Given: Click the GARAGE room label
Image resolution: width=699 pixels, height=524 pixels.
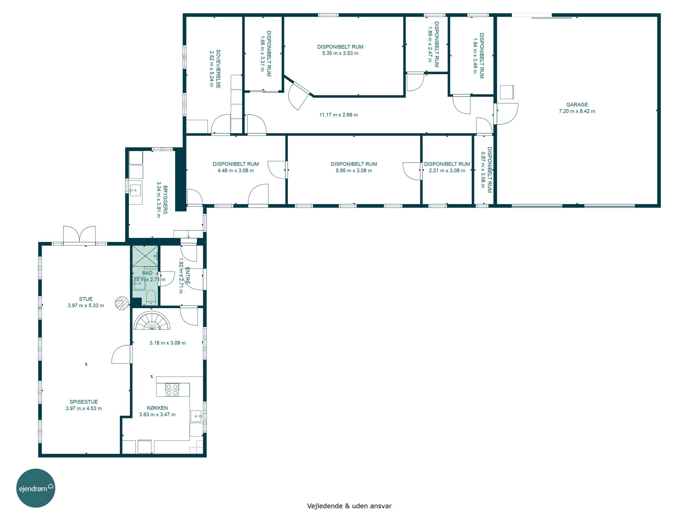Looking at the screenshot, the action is point(577,105).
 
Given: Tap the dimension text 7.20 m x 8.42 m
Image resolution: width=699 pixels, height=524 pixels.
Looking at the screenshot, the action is point(577,111).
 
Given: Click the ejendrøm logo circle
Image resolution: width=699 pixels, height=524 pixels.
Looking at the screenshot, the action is point(36,488).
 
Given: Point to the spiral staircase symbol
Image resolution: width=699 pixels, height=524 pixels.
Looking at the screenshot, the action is point(152,321).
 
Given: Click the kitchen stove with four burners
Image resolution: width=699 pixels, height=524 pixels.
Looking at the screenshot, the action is point(172,390).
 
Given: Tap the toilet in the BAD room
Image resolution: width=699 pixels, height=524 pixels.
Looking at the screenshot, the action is point(151,298).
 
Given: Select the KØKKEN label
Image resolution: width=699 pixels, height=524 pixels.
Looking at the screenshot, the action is point(157,408).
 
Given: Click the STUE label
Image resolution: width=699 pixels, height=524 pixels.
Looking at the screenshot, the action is point(86,299).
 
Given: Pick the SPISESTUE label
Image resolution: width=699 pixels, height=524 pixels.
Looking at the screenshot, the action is point(84,402).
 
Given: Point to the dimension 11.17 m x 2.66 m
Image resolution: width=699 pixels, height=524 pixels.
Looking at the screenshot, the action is point(339,115).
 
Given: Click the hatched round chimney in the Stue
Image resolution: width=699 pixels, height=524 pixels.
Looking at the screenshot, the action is point(122,303).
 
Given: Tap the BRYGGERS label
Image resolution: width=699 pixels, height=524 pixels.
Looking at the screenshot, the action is point(165,200).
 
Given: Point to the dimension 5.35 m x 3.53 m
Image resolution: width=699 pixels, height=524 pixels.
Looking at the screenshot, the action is point(340,53).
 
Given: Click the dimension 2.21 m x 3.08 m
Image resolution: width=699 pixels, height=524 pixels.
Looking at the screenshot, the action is point(447,170).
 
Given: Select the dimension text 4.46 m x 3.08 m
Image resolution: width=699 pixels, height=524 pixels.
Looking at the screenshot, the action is point(236,170).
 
